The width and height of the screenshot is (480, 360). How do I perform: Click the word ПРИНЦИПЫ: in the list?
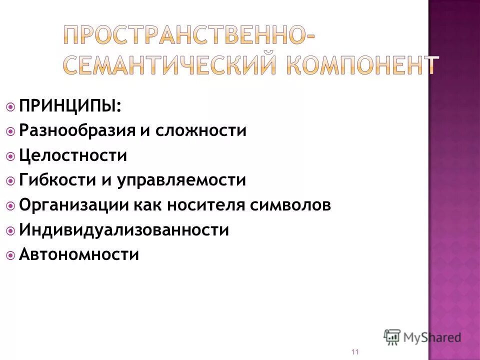pos(70,106)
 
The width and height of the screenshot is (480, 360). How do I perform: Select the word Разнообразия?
pos(77,131)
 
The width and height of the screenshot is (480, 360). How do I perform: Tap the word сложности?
pos(201,131)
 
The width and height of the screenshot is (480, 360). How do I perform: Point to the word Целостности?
pos(73,155)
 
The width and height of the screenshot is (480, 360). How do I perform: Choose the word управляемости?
pos(181,180)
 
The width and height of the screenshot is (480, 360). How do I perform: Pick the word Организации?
pos(74,205)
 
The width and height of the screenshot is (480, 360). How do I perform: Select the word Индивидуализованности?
pos(124,230)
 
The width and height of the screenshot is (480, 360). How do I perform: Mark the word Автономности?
pos(79,254)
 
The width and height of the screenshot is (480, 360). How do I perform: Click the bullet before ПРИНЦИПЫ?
pos(11,106)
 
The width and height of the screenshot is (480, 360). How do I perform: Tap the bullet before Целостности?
pos(11,156)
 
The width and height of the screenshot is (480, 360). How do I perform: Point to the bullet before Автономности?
pos(11,255)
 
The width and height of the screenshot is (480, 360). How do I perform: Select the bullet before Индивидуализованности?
pos(11,230)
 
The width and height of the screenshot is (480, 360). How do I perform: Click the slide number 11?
pos(355,352)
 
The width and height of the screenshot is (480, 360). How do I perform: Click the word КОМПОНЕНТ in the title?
pos(361,64)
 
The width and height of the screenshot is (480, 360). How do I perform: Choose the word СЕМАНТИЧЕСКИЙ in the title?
pos(169,64)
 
